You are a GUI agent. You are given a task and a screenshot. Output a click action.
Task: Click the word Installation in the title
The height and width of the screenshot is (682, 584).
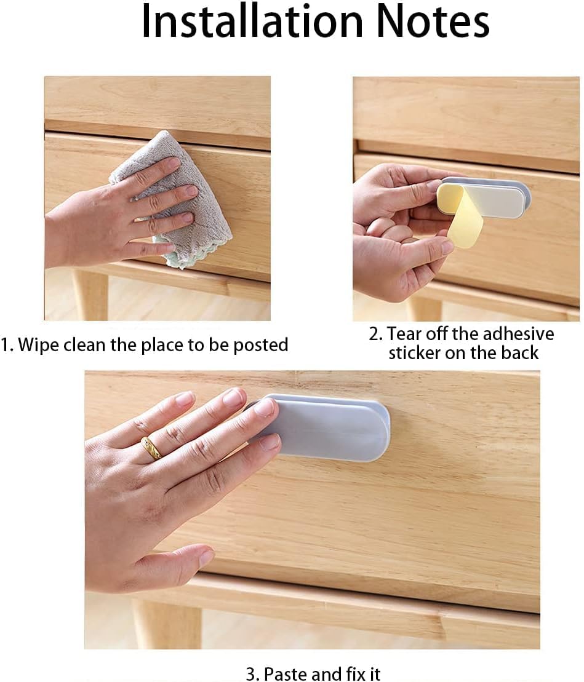252,22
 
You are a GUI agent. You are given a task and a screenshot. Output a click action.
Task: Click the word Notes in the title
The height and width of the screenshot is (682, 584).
433,22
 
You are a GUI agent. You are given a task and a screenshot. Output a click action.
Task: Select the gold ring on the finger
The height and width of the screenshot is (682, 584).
151,448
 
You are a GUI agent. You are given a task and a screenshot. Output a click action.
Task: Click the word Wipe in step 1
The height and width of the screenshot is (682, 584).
39,345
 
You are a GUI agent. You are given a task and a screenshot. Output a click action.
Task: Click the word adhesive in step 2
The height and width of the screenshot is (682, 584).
518,334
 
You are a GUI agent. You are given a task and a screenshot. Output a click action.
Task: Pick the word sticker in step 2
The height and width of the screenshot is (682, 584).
414,353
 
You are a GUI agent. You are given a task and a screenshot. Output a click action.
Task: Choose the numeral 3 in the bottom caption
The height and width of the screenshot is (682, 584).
252,674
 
